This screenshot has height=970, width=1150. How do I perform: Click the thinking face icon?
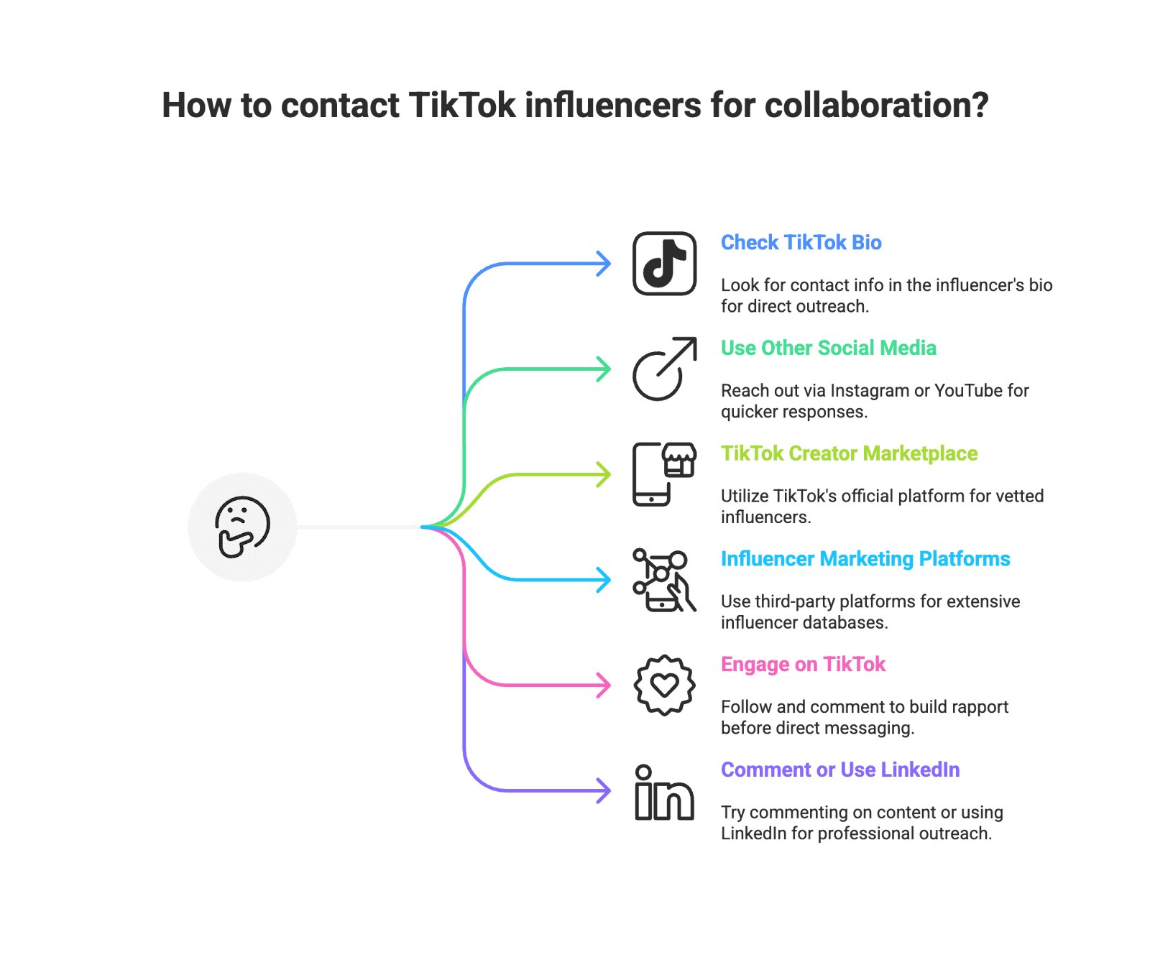(x=242, y=527)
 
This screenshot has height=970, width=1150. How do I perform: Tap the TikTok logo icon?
(x=664, y=263)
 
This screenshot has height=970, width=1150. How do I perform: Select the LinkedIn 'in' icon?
(x=664, y=792)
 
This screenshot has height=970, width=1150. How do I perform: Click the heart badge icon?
(x=664, y=685)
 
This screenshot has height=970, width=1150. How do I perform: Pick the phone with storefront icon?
(x=664, y=474)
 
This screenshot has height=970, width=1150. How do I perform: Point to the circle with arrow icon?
(x=664, y=369)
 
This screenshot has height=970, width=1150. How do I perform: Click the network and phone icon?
(x=664, y=580)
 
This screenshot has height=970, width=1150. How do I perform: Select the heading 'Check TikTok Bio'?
(x=801, y=243)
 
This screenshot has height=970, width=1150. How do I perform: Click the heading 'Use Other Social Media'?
(x=828, y=348)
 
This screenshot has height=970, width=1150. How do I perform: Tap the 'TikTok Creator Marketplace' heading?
(x=849, y=453)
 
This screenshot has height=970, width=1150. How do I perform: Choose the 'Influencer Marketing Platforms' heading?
(x=865, y=559)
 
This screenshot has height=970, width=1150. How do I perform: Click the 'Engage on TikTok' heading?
(x=803, y=665)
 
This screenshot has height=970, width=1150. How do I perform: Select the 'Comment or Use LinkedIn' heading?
(x=839, y=770)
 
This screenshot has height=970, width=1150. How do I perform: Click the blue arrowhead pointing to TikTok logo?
(x=604, y=264)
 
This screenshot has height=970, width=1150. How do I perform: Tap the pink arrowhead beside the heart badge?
(x=604, y=685)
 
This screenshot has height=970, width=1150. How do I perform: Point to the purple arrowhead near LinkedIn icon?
(x=604, y=791)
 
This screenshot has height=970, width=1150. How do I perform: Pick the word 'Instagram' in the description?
(x=870, y=391)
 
